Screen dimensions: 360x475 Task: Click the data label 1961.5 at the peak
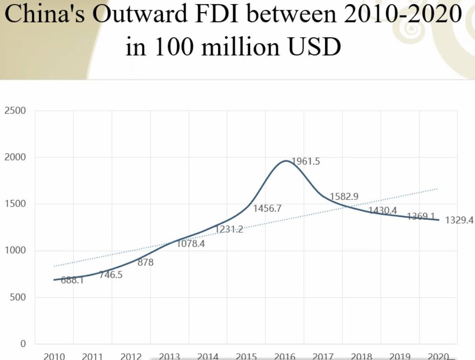point(306,161)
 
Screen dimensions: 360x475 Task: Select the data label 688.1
point(72,281)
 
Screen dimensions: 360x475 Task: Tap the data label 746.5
point(111,275)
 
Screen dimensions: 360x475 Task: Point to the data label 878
point(146,263)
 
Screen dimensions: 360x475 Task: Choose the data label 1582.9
point(344,196)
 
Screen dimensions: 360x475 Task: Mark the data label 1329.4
point(459,220)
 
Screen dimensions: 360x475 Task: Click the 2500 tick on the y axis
point(15,111)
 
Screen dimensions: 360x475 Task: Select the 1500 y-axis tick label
point(15,204)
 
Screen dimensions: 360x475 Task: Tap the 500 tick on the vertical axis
point(18,297)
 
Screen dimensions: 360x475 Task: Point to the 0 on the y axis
point(23,344)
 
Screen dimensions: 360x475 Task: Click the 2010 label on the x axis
point(54,356)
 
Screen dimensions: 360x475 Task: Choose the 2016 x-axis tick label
point(285,356)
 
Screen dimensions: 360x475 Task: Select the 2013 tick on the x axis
point(169,356)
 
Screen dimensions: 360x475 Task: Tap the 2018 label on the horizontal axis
point(362,356)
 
